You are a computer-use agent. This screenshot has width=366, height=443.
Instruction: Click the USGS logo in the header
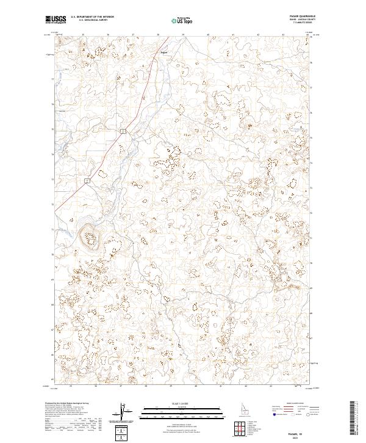pyautogui.click(x=56, y=20)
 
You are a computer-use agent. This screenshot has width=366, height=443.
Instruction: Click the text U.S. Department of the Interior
pyautogui.click(x=92, y=18)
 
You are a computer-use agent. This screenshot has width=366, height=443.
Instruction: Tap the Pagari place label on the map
pyautogui.click(x=163, y=52)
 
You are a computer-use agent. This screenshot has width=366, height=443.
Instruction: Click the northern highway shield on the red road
pyautogui.click(x=123, y=131)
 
